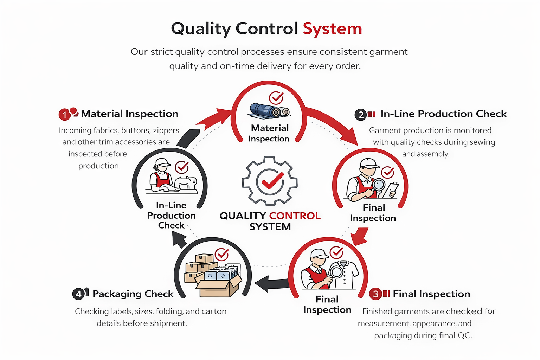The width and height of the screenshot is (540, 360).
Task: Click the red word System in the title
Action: click(x=332, y=29)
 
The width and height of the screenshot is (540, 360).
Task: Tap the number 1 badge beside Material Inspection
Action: click(x=64, y=115)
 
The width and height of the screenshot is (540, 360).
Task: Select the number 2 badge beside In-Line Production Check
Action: click(x=360, y=115)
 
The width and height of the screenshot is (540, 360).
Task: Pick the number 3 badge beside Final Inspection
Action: click(x=375, y=294)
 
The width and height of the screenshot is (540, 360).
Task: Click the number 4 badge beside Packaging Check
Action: click(x=78, y=294)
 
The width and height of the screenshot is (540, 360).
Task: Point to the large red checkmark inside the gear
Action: click(x=270, y=181)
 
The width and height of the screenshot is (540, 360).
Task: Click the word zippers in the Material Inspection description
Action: click(x=166, y=130)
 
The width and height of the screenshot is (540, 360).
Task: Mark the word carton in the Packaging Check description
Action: click(x=214, y=311)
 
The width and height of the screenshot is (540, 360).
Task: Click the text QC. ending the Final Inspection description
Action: click(x=464, y=335)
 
